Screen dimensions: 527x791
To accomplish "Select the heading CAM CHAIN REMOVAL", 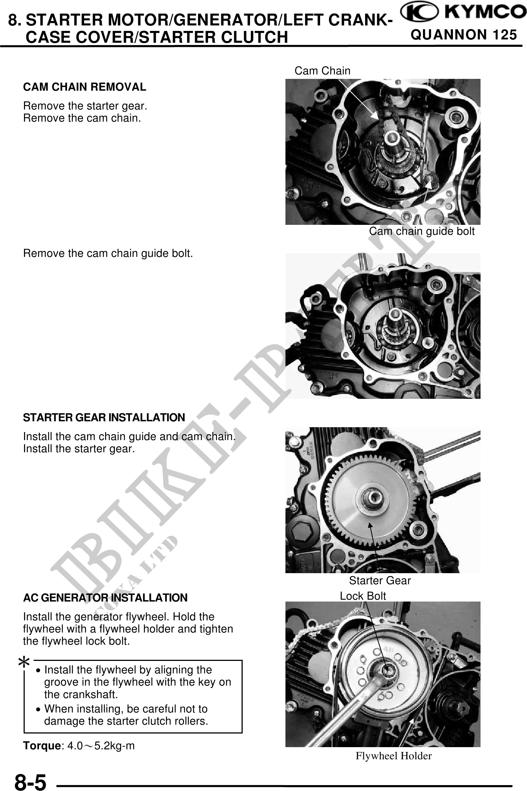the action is pyautogui.click(x=84, y=87).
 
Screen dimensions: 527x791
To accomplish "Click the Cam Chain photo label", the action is pyautogui.click(x=322, y=70).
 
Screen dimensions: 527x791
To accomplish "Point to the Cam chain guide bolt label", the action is pyautogui.click(x=422, y=231).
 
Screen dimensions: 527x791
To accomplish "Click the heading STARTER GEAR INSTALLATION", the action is pyautogui.click(x=104, y=418).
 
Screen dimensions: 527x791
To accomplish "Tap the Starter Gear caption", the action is pyautogui.click(x=380, y=581).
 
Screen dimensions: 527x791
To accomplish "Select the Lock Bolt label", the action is pyautogui.click(x=363, y=596).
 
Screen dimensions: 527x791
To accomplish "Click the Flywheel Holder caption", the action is pyautogui.click(x=393, y=756).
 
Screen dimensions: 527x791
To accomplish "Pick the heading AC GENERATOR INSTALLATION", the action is pyautogui.click(x=105, y=597).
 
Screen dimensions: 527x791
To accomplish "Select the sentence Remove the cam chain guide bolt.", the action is pyautogui.click(x=108, y=254).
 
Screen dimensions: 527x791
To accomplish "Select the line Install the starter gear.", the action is pyautogui.click(x=79, y=449).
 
